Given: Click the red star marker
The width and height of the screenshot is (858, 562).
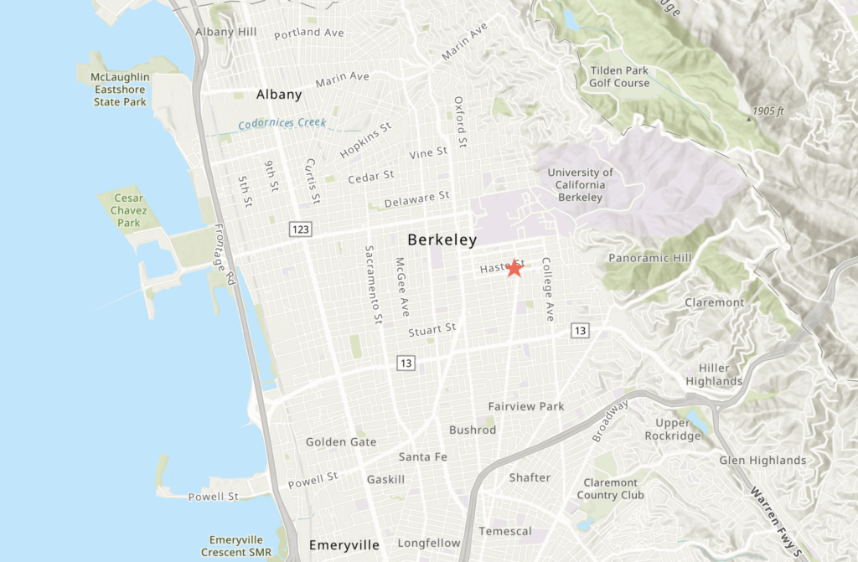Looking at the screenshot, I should pyautogui.click(x=514, y=268).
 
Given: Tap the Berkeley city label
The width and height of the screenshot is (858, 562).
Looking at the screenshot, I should pyautogui.click(x=442, y=240).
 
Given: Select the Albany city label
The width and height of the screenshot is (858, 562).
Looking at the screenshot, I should pyautogui.click(x=279, y=94).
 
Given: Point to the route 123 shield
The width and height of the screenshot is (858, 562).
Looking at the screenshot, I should pyautogui.click(x=301, y=229).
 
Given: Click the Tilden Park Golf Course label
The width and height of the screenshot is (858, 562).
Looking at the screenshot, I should pyautogui.click(x=619, y=76).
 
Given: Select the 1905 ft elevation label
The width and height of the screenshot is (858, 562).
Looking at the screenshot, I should pyautogui.click(x=768, y=111).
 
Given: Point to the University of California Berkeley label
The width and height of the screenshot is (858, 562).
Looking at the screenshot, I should pyautogui.click(x=580, y=184).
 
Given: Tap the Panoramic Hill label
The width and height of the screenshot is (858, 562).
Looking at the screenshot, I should pyautogui.click(x=650, y=258).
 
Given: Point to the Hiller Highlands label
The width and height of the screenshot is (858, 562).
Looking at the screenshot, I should pyautogui.click(x=714, y=374).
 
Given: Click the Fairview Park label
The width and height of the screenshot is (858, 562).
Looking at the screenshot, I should pyautogui.click(x=526, y=406).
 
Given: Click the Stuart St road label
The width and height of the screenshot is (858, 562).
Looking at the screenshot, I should pyautogui.click(x=432, y=330).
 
